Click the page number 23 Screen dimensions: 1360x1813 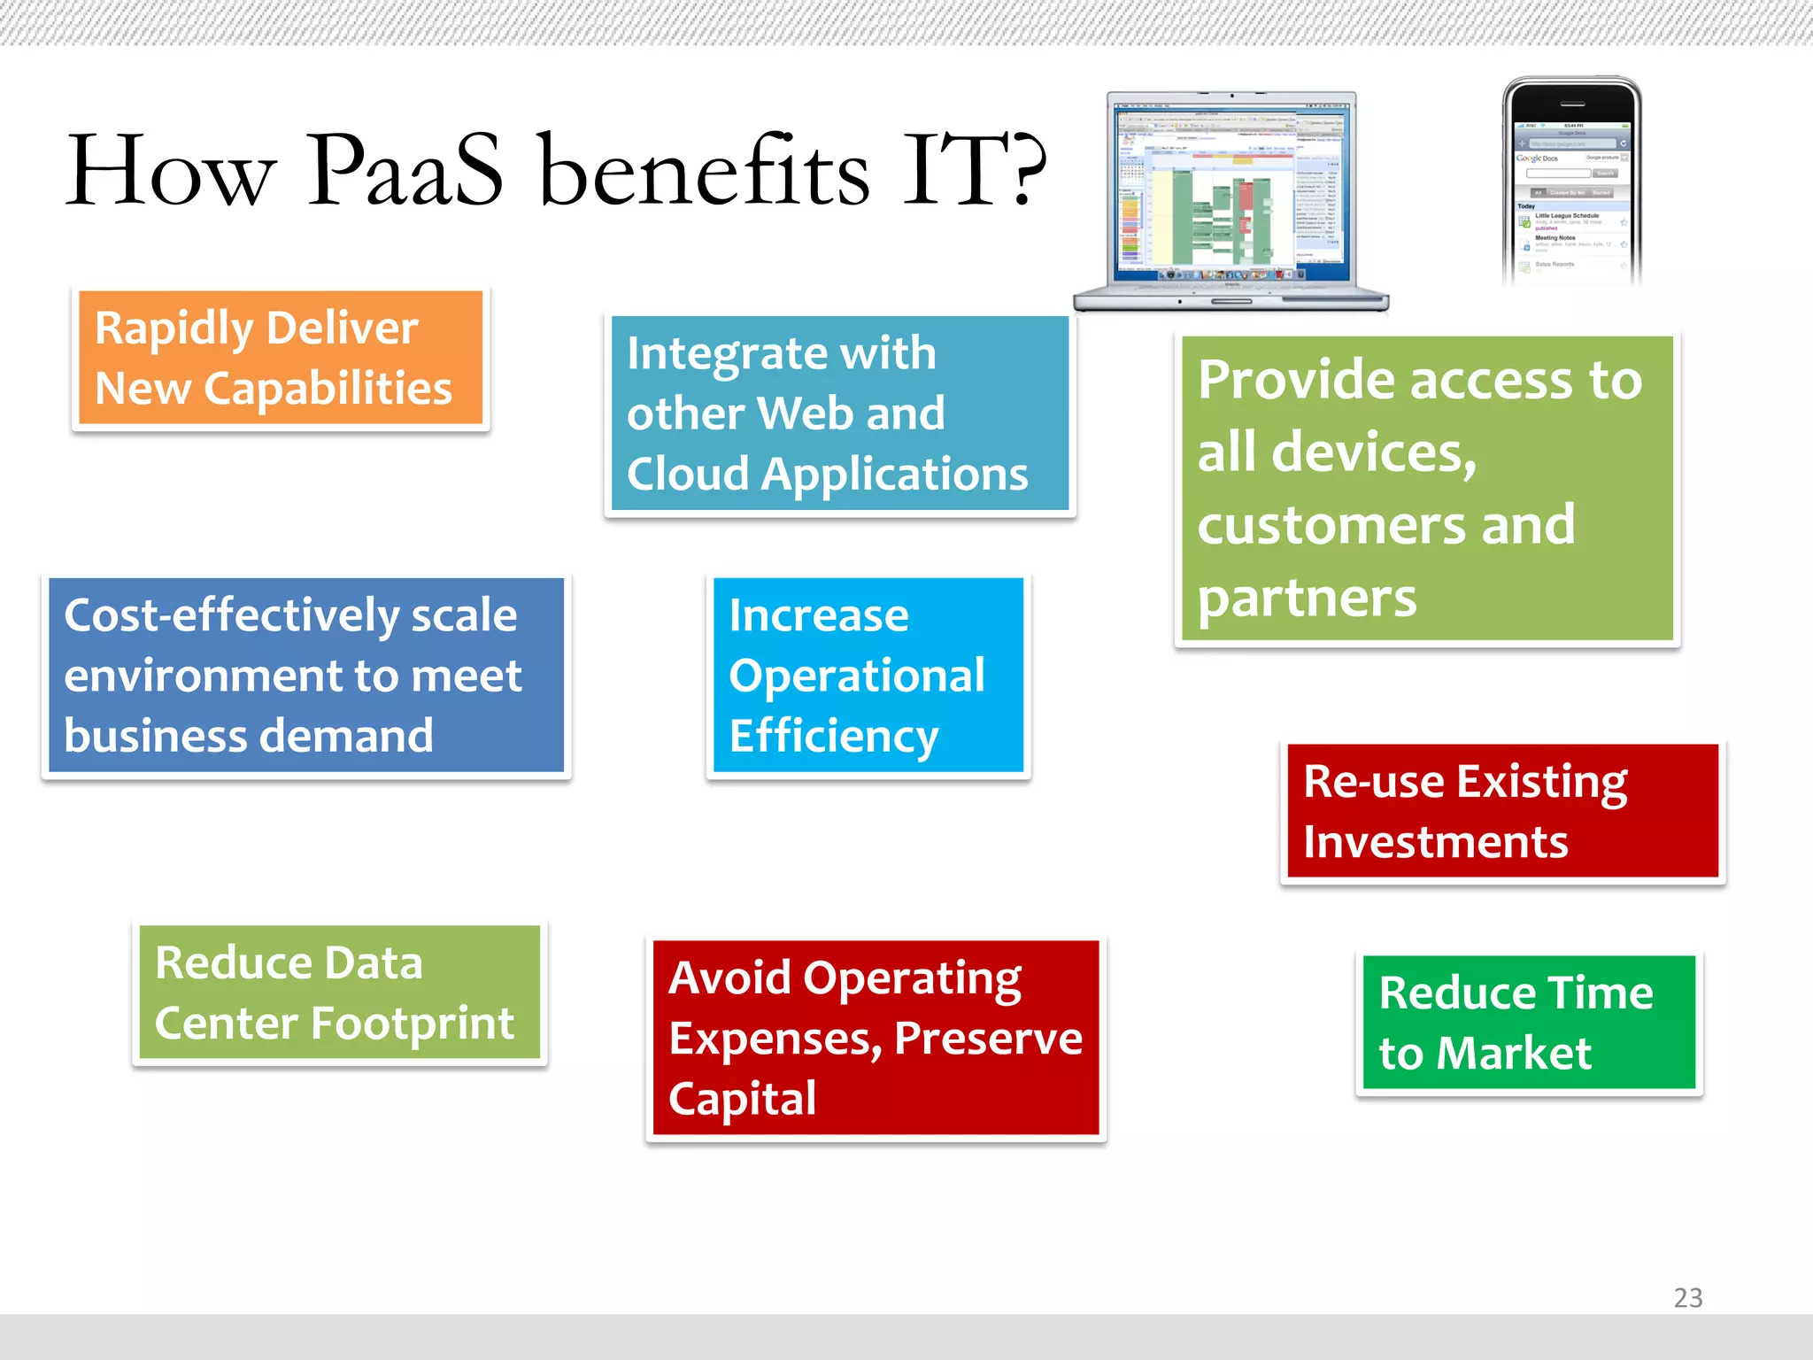point(1687,1297)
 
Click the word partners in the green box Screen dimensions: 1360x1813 point(1307,599)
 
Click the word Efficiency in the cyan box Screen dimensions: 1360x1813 point(833,737)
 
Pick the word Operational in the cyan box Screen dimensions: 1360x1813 point(856,676)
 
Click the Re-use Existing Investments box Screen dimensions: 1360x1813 point(1501,811)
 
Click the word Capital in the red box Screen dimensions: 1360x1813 point(742,1099)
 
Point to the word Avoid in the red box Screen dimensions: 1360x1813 point(729,978)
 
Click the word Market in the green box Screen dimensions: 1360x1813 point(1513,1054)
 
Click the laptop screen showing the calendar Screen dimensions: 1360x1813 point(1231,190)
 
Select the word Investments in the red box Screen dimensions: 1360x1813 point(1435,842)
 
